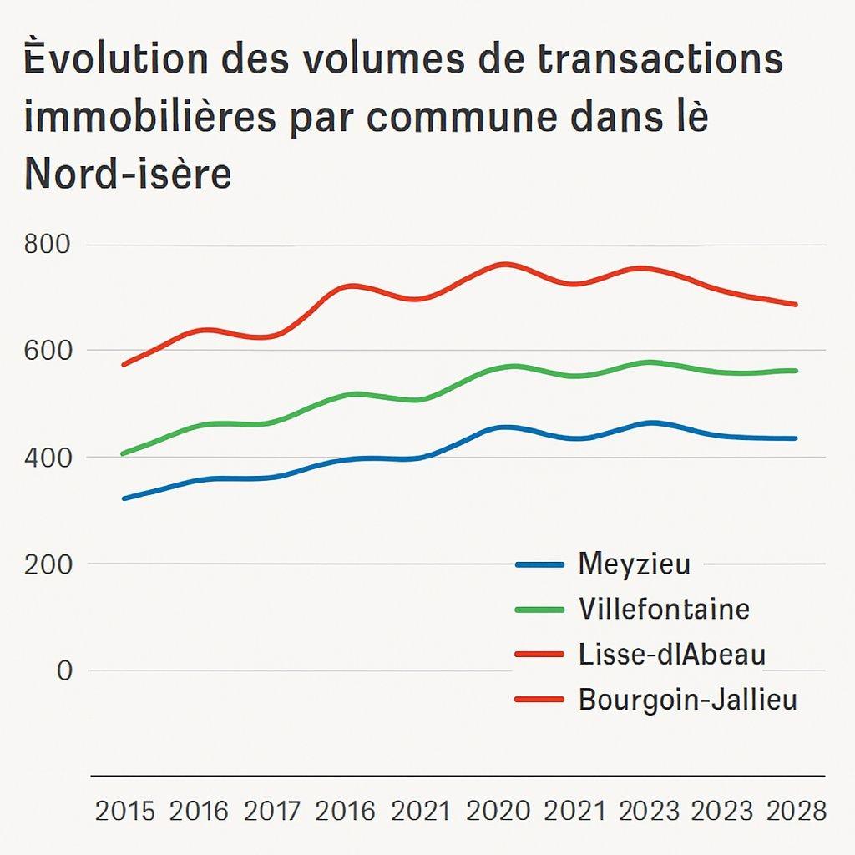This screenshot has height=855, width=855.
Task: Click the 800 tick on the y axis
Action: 49,245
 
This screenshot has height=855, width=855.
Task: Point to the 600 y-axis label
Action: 49,351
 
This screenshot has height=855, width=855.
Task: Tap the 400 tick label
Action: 49,458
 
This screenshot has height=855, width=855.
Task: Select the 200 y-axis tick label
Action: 49,564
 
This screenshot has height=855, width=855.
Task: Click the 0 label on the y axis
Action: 64,670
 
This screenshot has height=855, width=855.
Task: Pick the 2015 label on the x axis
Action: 125,811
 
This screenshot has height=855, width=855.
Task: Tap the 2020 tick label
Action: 498,811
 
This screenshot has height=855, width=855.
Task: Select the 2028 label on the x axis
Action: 796,811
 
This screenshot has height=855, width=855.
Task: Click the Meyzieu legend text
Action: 634,564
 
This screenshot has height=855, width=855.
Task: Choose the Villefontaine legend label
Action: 664,609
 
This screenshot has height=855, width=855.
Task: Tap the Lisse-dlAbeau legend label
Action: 671,655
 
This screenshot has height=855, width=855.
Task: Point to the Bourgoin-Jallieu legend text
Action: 687,700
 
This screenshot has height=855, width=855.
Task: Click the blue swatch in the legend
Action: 540,564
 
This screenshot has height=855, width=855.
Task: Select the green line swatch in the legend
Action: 540,610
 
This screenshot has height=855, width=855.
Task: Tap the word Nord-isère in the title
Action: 128,173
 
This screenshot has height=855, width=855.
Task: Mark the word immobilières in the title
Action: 149,118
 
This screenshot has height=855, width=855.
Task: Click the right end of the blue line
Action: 796,438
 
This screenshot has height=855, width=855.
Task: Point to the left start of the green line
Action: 123,454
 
